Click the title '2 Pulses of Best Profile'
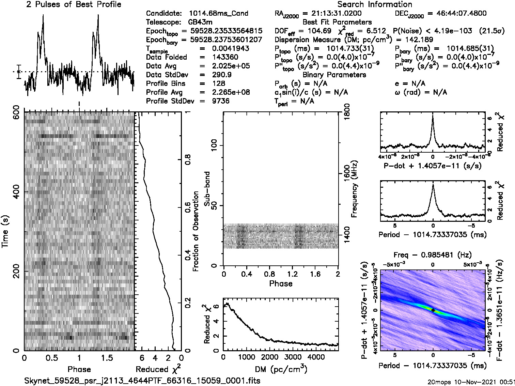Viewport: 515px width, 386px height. coord(73,4)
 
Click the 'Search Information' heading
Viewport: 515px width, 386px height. coord(374,4)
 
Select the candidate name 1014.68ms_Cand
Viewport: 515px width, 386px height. coord(218,14)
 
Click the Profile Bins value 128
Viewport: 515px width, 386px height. coord(218,84)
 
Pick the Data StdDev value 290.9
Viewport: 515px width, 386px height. coord(221,75)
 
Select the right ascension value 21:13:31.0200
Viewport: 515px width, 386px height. coord(332,14)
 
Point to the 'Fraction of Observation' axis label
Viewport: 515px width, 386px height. coord(196,231)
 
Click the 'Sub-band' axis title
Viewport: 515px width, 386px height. coord(207,189)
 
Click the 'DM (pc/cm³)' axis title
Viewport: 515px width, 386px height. coord(281,369)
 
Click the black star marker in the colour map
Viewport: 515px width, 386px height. coord(433,310)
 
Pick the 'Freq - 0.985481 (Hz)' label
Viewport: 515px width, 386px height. coord(433,255)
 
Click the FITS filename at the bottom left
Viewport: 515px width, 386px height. coord(142,380)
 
